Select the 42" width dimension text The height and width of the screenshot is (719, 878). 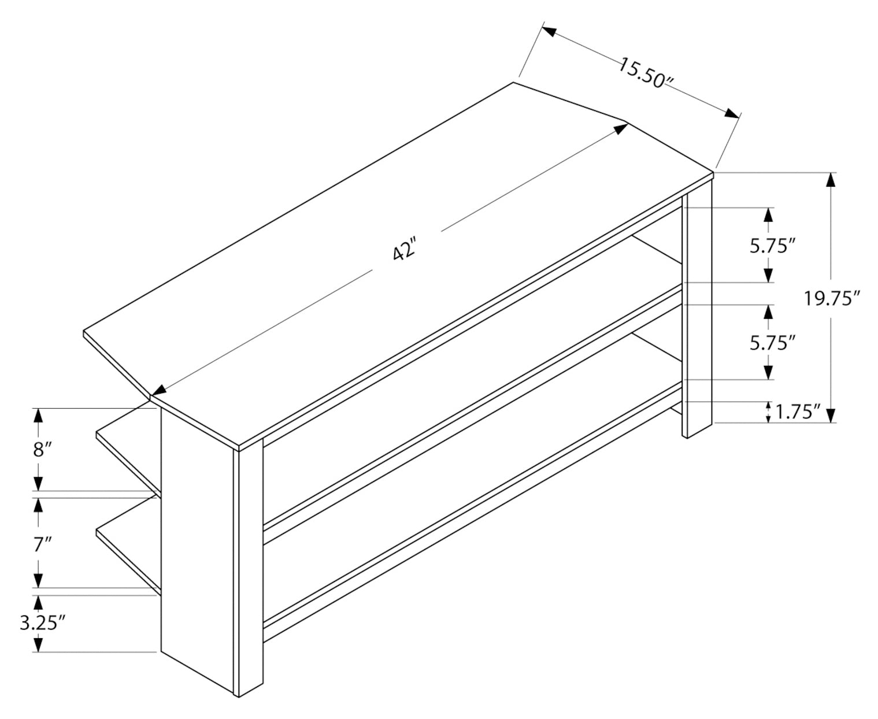click(x=404, y=251)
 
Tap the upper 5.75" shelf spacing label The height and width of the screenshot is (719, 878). click(x=769, y=246)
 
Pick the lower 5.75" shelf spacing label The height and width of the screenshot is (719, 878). click(x=769, y=343)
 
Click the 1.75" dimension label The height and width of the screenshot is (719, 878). click(x=798, y=412)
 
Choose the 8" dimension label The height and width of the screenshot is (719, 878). click(x=38, y=450)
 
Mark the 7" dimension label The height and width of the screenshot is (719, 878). click(x=38, y=544)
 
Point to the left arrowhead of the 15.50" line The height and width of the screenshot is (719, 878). click(x=549, y=32)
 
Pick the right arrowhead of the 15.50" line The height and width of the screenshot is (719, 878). click(x=733, y=113)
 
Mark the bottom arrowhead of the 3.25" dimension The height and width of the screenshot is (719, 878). click(x=38, y=645)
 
